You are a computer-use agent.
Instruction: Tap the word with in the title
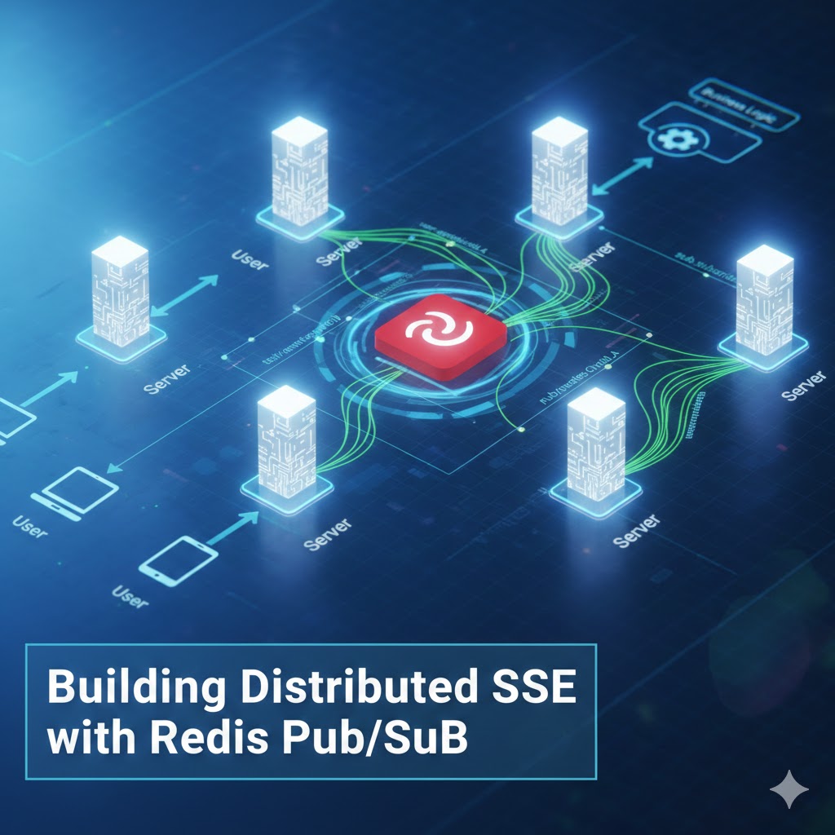click(86, 739)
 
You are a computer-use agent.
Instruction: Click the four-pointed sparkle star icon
click(789, 789)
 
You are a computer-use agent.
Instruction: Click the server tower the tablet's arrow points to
click(286, 440)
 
